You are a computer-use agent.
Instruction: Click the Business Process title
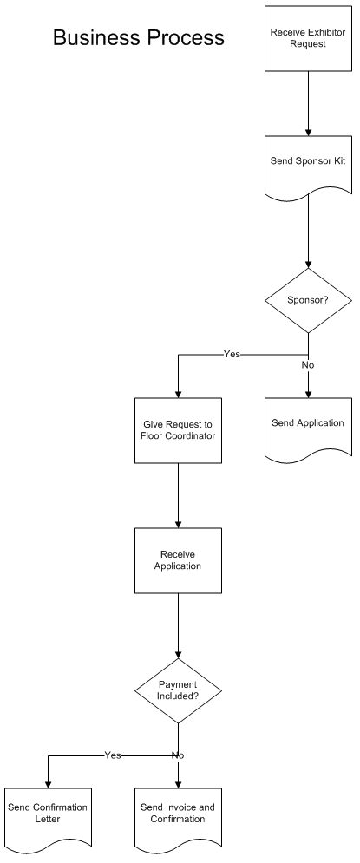[139, 38]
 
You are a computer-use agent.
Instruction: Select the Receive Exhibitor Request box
[308, 38]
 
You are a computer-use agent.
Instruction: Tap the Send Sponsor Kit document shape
[308, 166]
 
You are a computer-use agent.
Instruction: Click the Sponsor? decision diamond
[308, 300]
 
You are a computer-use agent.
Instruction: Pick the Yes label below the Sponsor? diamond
[232, 355]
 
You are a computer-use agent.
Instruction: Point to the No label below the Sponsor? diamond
[308, 365]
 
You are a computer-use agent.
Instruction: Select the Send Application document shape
[308, 428]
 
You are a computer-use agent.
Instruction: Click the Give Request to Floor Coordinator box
[179, 430]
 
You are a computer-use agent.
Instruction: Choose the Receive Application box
[179, 560]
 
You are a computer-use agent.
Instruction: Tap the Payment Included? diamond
[179, 690]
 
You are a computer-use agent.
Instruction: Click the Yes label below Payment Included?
[113, 755]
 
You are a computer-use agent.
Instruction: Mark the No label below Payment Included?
[178, 755]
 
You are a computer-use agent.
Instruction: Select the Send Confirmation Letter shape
[48, 818]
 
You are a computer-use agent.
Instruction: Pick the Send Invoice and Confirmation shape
[179, 818]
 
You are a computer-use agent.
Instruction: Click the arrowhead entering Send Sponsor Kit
[308, 133]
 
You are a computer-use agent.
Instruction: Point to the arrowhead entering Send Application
[308, 395]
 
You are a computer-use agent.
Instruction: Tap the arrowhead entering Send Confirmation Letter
[48, 785]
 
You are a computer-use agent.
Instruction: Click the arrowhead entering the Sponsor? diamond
[308, 265]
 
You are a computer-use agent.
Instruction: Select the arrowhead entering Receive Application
[179, 525]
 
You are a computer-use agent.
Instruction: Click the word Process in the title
[185, 38]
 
